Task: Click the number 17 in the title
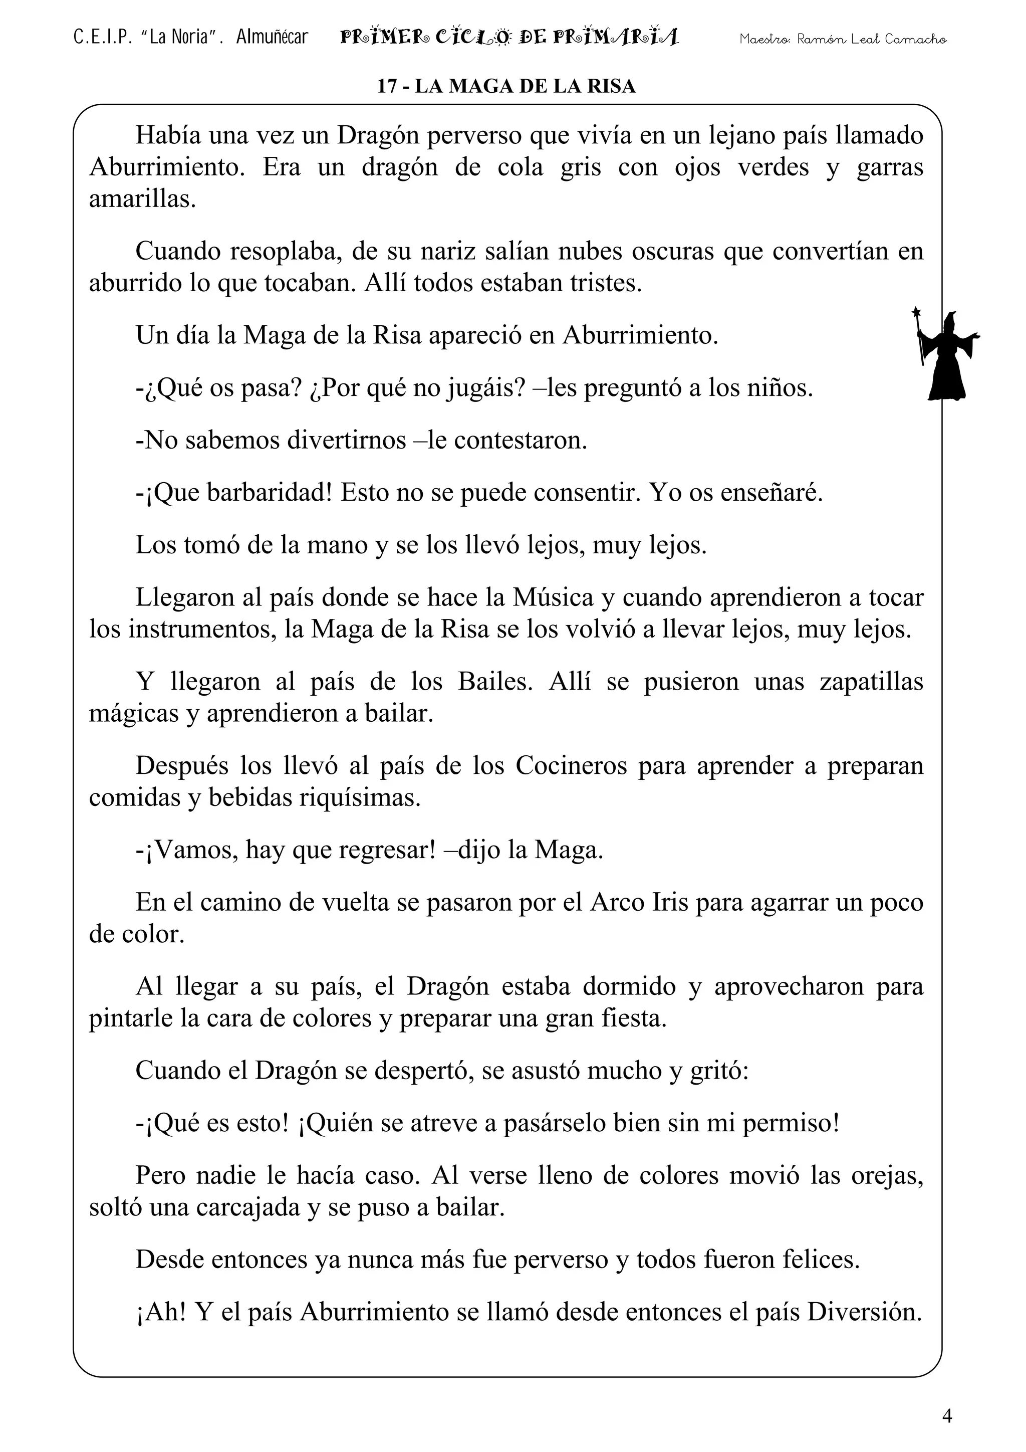pos(387,86)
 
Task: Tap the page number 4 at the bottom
pos(946,1416)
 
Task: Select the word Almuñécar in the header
pos(272,37)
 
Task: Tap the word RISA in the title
pos(611,86)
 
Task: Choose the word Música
pos(553,597)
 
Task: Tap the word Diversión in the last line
pos(864,1312)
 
